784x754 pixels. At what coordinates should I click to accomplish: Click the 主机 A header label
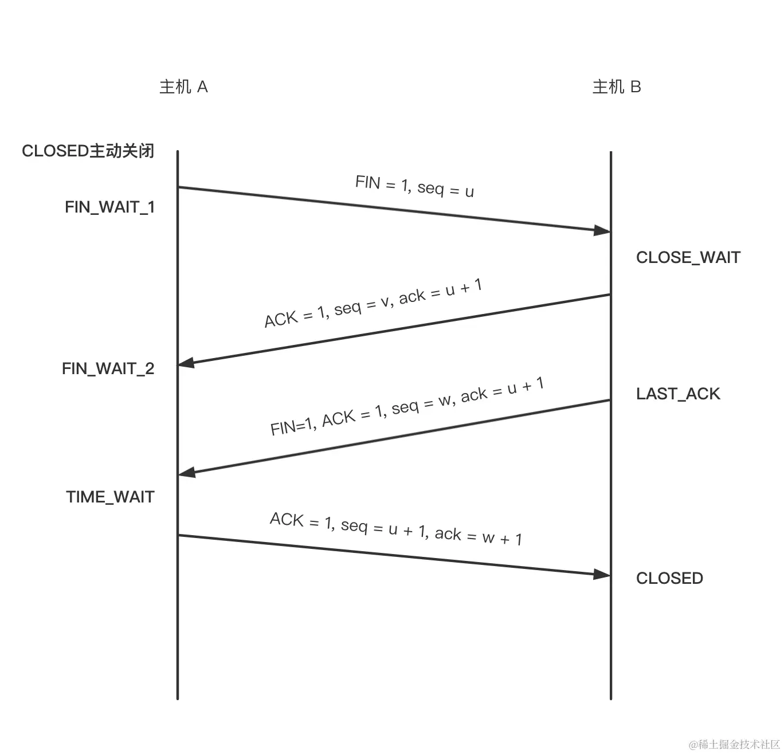point(183,87)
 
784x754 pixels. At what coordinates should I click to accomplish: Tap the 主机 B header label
point(617,87)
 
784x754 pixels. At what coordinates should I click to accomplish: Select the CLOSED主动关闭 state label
point(88,151)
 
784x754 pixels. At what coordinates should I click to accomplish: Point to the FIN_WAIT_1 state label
point(110,207)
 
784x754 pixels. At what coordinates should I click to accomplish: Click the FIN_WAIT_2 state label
point(108,368)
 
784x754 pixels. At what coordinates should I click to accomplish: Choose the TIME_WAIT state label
point(111,497)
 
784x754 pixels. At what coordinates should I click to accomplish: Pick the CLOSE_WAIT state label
point(688,257)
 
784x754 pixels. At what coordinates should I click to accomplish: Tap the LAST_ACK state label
point(678,394)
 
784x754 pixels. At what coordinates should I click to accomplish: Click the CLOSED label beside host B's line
point(669,578)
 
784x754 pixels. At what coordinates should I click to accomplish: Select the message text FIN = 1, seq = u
point(414,186)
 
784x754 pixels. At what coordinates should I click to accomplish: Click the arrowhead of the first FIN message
point(602,230)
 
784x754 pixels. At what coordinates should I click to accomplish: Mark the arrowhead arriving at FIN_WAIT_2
point(187,363)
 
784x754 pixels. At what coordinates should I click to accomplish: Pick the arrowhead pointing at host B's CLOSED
point(602,574)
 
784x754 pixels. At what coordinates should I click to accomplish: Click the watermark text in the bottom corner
point(735,744)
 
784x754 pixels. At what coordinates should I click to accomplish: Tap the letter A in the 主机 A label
point(202,87)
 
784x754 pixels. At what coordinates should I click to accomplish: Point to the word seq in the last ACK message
point(354,525)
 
